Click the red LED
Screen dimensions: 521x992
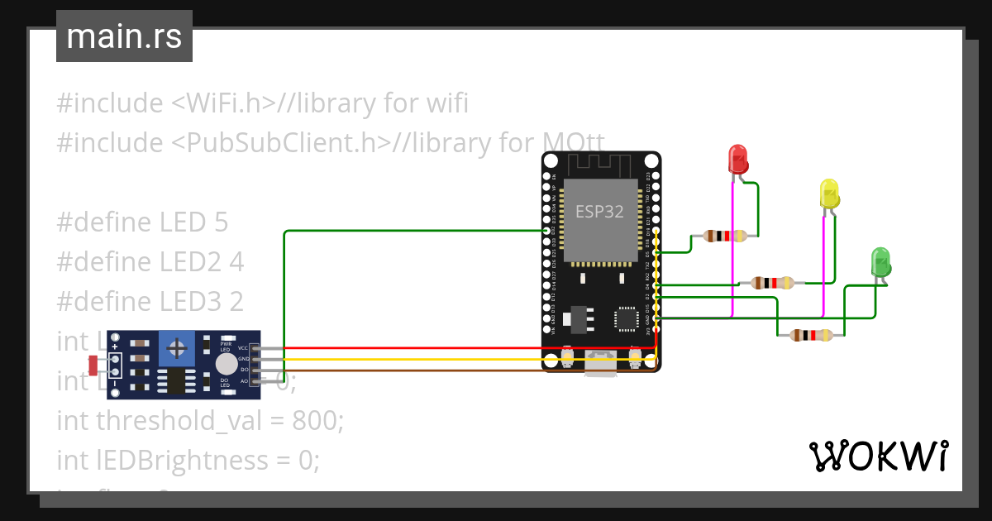click(x=737, y=159)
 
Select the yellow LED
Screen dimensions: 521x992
click(x=828, y=194)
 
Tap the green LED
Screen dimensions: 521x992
click(x=881, y=262)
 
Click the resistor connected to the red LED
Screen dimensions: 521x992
click(x=725, y=236)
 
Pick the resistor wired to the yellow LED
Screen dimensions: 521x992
click(x=773, y=283)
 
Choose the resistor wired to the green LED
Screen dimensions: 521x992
click(x=811, y=335)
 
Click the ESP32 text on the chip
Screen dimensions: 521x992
click(x=599, y=211)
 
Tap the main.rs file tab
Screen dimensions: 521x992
click(x=124, y=36)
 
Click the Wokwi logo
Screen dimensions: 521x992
click(x=878, y=456)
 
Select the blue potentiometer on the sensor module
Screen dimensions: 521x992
click(x=176, y=348)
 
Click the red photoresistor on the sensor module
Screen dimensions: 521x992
click(x=93, y=363)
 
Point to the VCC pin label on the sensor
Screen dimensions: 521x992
click(x=243, y=348)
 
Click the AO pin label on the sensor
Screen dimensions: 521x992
click(x=244, y=381)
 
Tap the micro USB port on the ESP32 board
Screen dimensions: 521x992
click(x=601, y=364)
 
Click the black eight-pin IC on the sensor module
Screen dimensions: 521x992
click(x=176, y=380)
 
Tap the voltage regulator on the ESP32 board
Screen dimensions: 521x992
click(x=577, y=318)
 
